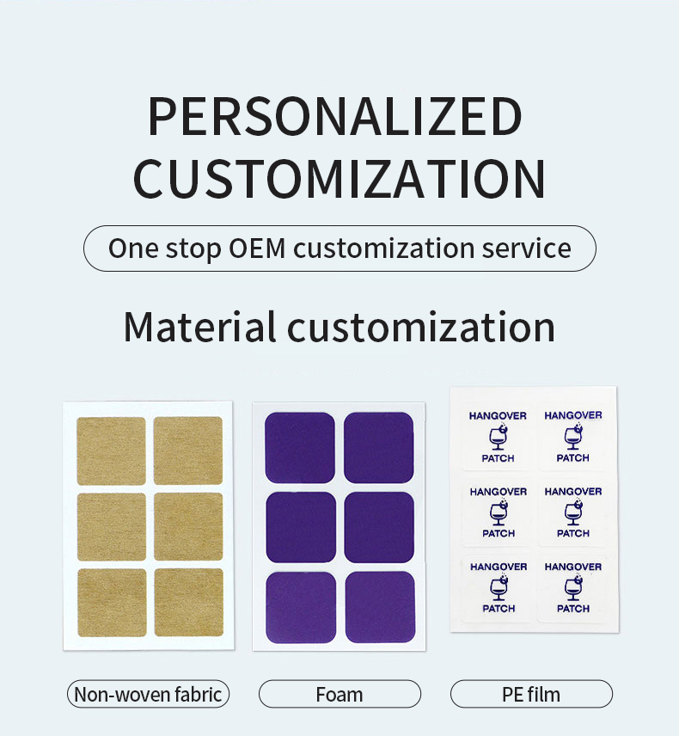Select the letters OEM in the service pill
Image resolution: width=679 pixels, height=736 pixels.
point(259,248)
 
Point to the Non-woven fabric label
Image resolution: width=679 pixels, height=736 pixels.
point(148,694)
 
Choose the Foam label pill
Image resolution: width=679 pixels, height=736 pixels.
point(339,694)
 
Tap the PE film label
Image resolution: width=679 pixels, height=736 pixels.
point(531,694)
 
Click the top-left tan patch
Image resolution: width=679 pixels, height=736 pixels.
point(111,451)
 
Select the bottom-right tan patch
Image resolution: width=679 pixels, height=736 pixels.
point(188,602)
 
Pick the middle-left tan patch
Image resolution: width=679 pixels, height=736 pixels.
point(111,526)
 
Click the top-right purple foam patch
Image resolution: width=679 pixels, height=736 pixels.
point(378,447)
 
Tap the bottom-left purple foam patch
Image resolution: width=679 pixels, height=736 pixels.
point(300,608)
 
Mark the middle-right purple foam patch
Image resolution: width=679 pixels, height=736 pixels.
point(378,527)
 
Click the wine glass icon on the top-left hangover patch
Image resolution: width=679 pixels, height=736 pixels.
point(498,438)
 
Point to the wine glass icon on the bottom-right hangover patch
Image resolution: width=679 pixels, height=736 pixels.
point(572,588)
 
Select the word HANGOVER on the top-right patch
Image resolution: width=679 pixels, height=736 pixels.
point(572,415)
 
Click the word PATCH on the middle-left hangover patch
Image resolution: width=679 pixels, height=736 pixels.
point(498,533)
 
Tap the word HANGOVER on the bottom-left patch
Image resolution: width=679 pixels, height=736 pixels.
point(498,567)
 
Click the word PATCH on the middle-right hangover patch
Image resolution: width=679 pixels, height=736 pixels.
point(572,533)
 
